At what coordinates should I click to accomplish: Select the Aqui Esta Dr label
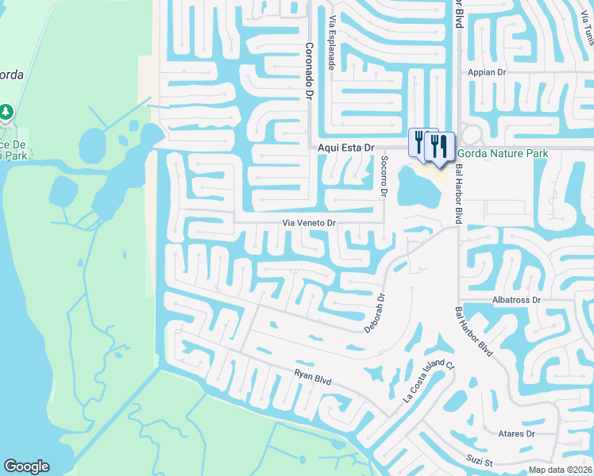pos(345,148)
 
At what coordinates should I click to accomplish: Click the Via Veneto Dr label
pos(310,224)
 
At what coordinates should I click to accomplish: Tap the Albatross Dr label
pos(516,300)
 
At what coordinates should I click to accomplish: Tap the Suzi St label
pos(479,461)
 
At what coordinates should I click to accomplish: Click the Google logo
pos(26,466)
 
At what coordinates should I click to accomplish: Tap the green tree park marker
pos(7,112)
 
